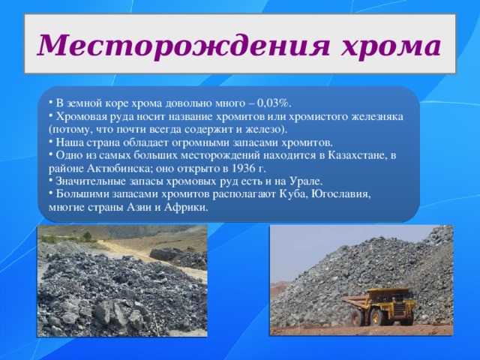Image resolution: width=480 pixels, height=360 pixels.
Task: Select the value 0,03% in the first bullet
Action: [x=276, y=103]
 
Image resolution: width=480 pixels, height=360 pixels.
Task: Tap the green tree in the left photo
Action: [x=88, y=236]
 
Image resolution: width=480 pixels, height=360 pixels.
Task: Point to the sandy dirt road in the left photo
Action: [x=135, y=251]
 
